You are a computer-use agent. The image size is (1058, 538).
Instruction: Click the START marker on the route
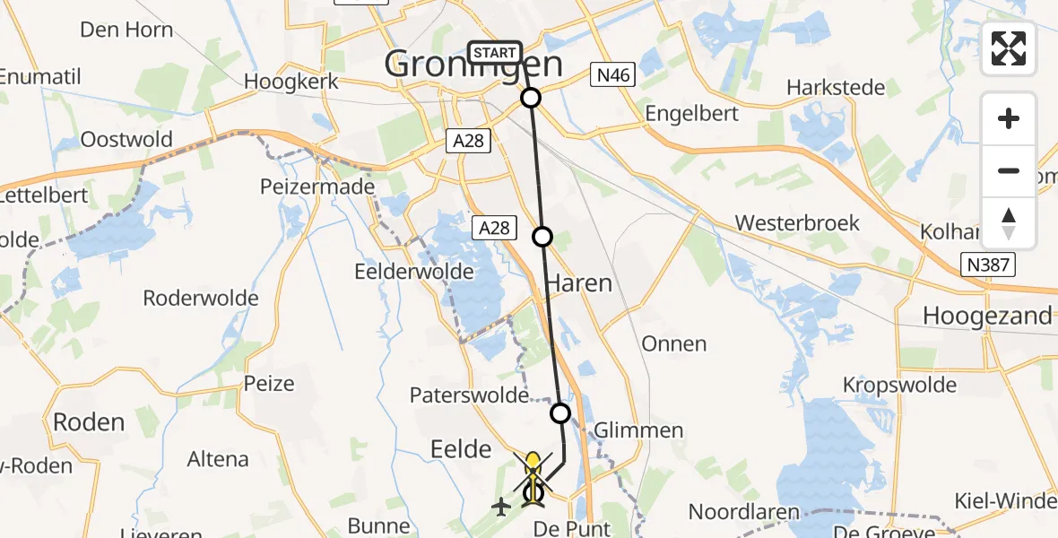point(494,53)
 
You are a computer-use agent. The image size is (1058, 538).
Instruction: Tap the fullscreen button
point(1009,48)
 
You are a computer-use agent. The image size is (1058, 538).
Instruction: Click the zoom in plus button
point(1009,118)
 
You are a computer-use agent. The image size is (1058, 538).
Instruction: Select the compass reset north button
point(1009,223)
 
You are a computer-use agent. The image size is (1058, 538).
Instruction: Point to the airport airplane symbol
point(500,508)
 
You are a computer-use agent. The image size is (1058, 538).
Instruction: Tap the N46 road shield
point(613,75)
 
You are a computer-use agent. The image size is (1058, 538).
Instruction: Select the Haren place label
point(579,284)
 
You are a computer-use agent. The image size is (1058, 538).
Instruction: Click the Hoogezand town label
point(987,316)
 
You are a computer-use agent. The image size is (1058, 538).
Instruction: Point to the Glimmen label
point(639,430)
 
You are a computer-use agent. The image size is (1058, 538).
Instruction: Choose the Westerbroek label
point(797,223)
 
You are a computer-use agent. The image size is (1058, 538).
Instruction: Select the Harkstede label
point(836,88)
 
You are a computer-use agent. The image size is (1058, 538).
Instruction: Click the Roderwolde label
point(201,299)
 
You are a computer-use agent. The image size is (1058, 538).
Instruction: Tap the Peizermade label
point(303,187)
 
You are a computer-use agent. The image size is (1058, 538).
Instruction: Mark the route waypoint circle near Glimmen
point(560,413)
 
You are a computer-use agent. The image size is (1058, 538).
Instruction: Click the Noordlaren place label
point(744,512)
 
